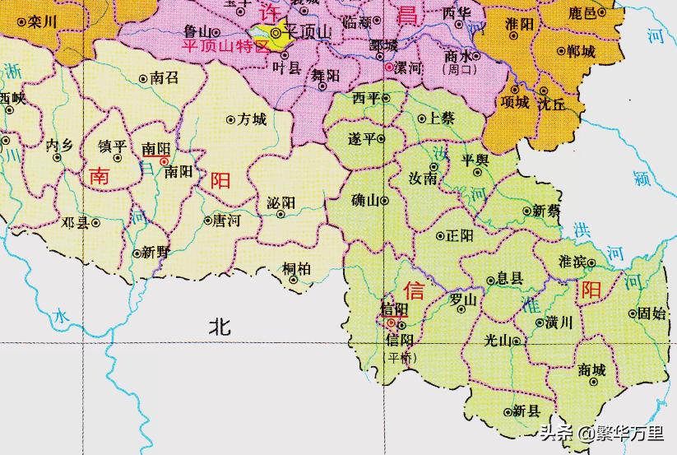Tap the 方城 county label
(x=252, y=119)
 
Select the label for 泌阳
(x=281, y=202)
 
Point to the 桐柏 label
(x=296, y=267)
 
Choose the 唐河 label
(x=227, y=221)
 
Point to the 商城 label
(x=592, y=370)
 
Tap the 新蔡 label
(x=546, y=210)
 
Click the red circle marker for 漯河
(x=388, y=67)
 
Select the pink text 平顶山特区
(x=225, y=44)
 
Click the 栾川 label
(x=41, y=23)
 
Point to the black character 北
(x=220, y=327)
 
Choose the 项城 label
(x=515, y=102)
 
